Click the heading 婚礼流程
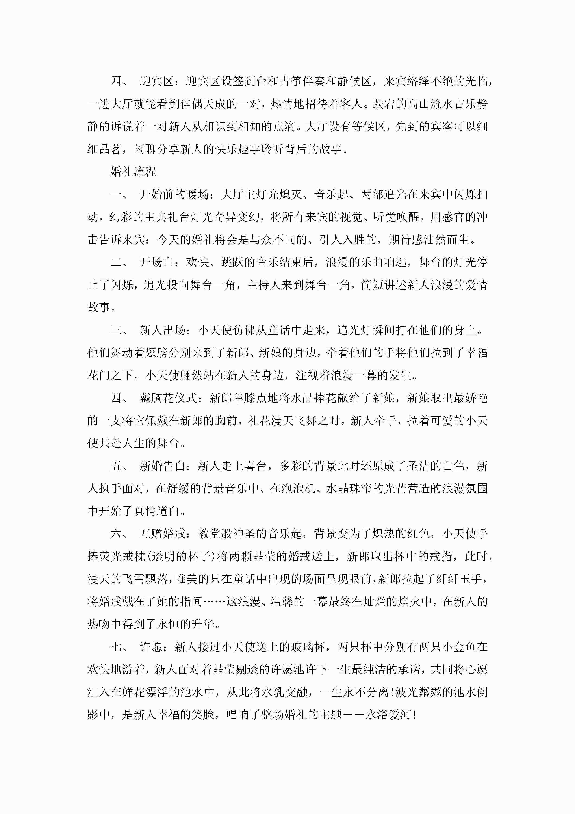(x=133, y=172)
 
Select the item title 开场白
(x=157, y=262)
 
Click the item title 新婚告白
(x=162, y=466)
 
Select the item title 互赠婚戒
(x=162, y=534)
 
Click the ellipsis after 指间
(x=214, y=602)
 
